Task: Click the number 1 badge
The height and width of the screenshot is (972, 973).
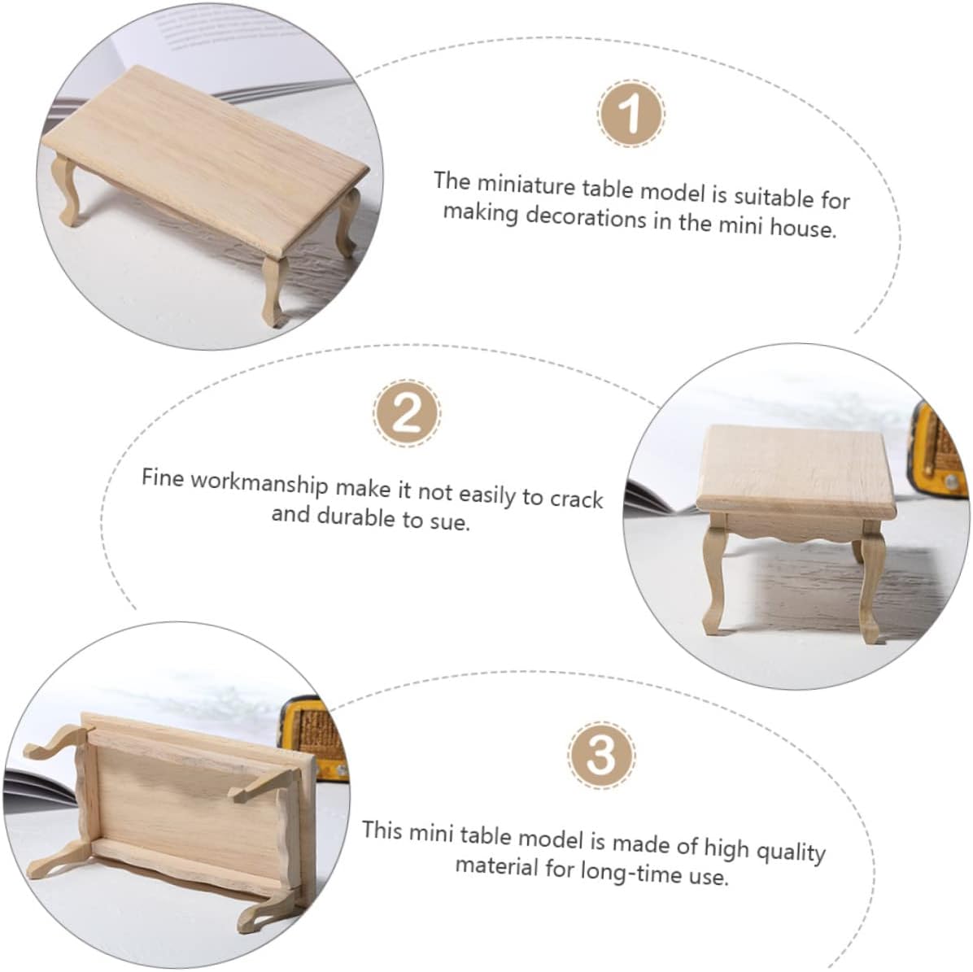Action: coord(630,114)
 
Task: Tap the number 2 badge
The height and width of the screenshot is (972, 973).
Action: coord(407,413)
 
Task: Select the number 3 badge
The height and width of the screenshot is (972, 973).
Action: coord(600,755)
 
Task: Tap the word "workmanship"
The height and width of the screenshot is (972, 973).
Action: coord(259,483)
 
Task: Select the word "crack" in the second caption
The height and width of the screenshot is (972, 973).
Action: coord(577,499)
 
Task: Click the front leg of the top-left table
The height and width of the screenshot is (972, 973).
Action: coord(273,290)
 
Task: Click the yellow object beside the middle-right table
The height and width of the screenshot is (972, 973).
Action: coord(938,453)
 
